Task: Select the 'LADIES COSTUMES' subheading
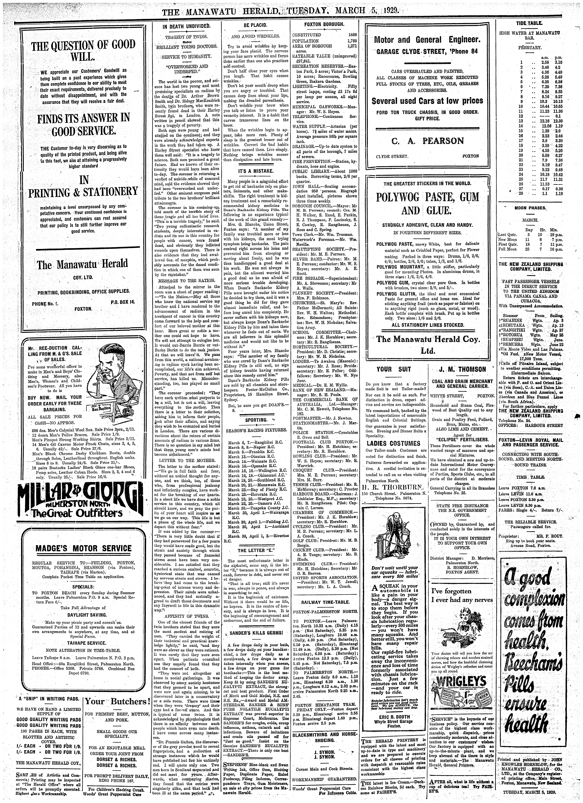(x=388, y=443)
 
